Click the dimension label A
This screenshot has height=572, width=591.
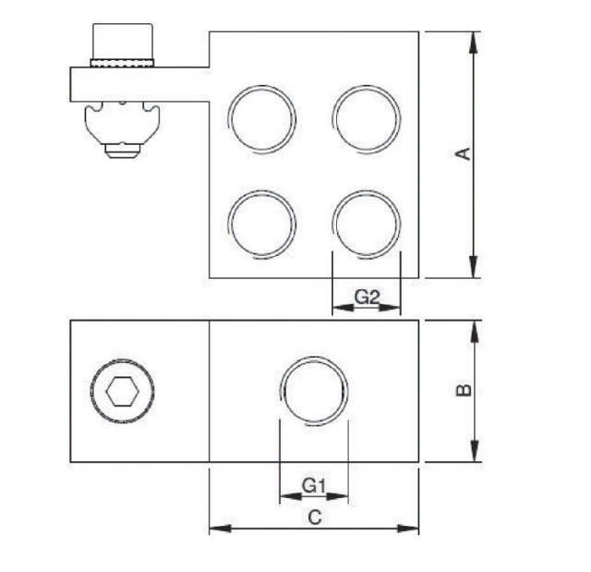[x=465, y=154]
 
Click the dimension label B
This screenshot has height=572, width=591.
[x=465, y=390]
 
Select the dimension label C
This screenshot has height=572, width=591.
[x=314, y=517]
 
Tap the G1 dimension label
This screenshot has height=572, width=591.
[x=314, y=485]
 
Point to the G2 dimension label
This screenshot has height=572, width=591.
[x=367, y=298]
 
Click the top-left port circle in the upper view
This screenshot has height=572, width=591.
[x=263, y=118]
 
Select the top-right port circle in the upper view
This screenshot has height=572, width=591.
[x=367, y=118]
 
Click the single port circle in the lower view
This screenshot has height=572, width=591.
[x=315, y=392]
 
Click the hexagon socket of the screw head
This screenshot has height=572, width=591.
[x=122, y=392]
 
